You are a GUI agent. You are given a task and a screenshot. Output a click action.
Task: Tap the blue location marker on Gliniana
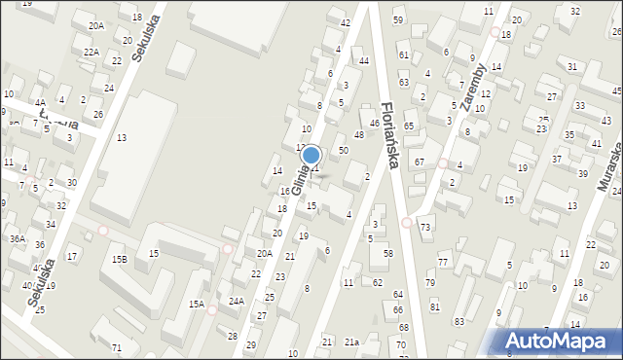pos(311,155)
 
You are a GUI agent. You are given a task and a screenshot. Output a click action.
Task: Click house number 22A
pos(92,52)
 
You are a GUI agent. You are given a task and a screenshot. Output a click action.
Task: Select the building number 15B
pos(119,259)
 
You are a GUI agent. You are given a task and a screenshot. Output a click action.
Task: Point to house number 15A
pos(197,305)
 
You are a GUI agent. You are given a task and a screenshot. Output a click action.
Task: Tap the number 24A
pos(237,301)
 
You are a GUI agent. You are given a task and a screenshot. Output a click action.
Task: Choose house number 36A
pos(18,237)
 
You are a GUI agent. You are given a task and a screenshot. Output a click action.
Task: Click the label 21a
pos(351,342)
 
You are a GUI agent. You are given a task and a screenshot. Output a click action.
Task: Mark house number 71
pos(117,347)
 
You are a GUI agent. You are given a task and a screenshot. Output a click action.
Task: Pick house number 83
pos(459,321)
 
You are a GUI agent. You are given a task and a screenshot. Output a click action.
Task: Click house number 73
pos(425,227)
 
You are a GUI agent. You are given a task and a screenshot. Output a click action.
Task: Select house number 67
pos(420,162)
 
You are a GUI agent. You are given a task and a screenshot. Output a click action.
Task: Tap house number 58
pos(387,253)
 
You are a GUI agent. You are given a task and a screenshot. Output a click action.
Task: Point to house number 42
pos(345,22)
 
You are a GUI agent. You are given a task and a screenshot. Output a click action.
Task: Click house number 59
pos(398,19)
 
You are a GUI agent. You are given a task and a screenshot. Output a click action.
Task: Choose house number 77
pos(443,263)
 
